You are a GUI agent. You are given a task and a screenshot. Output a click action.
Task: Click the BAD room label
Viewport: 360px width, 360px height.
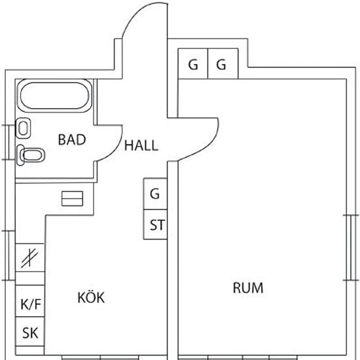pos(72,139)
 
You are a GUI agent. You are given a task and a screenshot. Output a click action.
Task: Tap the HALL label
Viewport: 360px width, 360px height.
pos(141,145)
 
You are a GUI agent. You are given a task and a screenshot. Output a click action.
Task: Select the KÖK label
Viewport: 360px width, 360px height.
pos(91,297)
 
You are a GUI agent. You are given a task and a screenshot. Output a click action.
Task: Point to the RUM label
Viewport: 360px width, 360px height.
pos(248,288)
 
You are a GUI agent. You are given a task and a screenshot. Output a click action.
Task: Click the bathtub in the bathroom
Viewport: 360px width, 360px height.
pos(54,96)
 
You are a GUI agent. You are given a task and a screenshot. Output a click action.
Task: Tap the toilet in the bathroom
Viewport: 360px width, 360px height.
pos(31,155)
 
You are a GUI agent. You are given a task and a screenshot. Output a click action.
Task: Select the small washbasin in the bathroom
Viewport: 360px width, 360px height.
pos(23,128)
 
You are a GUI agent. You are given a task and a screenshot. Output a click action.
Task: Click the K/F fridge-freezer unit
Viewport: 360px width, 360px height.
pos(30,301)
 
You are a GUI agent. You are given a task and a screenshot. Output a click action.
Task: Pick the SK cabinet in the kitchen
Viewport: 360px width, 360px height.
pos(30,331)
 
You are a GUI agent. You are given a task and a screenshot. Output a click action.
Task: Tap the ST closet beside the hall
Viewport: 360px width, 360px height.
pos(155,225)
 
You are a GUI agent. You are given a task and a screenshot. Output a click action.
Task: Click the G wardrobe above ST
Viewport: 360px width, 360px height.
pos(155,194)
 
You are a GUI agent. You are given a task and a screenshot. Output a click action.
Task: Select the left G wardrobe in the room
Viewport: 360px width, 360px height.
pos(193,63)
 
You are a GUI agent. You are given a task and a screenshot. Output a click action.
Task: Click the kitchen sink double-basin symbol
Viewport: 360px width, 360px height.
pos(72,198)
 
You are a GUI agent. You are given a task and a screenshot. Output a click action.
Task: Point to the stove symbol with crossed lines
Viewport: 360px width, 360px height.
pos(30,258)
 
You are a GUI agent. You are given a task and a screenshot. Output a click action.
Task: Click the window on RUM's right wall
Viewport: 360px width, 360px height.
pos(351,247)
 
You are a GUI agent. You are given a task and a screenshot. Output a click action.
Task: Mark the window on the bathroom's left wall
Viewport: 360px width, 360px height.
pos(9,142)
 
